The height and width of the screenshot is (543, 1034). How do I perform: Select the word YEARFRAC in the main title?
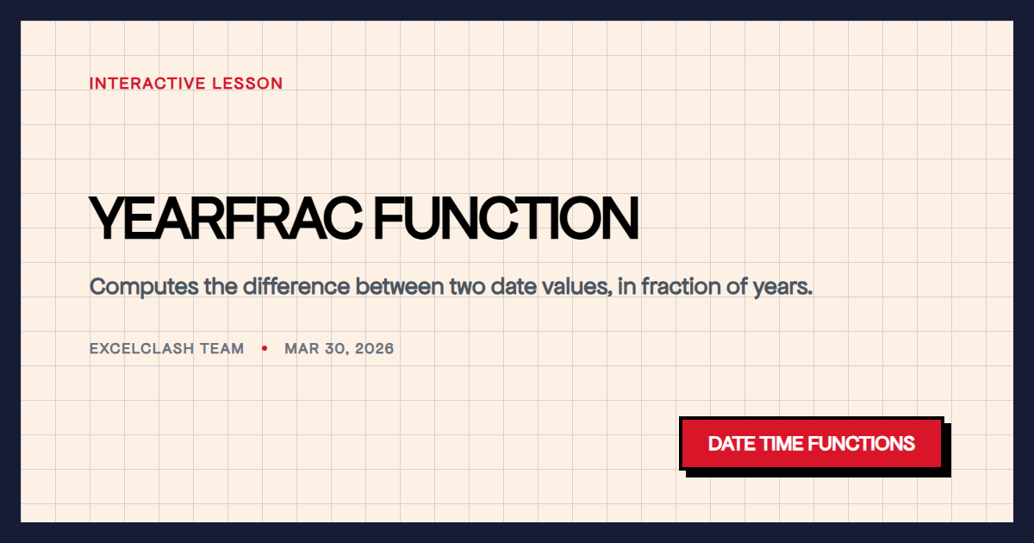pos(226,219)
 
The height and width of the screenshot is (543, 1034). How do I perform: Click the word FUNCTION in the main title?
pos(507,219)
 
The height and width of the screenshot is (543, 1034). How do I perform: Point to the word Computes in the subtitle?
pos(143,286)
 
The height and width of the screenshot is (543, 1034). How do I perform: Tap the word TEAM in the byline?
pos(223,349)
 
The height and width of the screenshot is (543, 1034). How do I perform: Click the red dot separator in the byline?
pos(265,349)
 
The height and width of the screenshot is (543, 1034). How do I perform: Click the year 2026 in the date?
pos(373,349)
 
